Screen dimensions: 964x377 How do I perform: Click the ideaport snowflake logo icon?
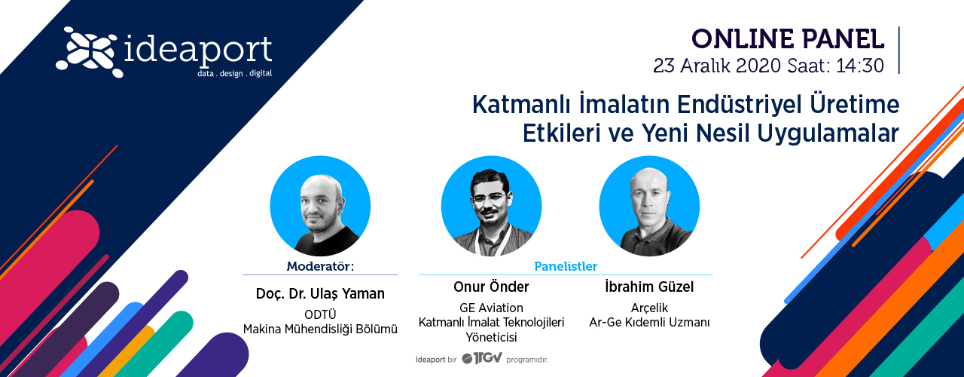[87, 52]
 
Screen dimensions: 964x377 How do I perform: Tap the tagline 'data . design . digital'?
[234, 73]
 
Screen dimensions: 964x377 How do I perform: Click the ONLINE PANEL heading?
[788, 39]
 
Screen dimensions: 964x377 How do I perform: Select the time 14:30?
[860, 66]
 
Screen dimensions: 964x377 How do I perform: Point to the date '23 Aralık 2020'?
[717, 66]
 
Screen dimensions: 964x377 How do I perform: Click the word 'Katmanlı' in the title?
[522, 105]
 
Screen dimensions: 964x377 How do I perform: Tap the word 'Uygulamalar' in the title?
[828, 133]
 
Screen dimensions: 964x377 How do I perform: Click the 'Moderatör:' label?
[320, 266]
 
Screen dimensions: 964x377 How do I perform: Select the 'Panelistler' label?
[566, 266]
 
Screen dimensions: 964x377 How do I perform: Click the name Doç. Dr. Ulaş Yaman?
[320, 293]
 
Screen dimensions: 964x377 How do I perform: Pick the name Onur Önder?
[491, 287]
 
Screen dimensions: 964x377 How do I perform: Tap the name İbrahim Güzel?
[649, 287]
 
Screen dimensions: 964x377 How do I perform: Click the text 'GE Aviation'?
[491, 308]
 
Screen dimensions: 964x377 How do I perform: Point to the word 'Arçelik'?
[649, 308]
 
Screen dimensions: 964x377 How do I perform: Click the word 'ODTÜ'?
[320, 314]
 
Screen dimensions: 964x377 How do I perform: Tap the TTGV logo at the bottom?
[481, 358]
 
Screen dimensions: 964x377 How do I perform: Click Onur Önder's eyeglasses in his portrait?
[490, 198]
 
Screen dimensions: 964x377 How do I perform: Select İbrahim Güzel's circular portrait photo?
[649, 206]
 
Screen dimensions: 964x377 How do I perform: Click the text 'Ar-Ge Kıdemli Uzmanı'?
[649, 322]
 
